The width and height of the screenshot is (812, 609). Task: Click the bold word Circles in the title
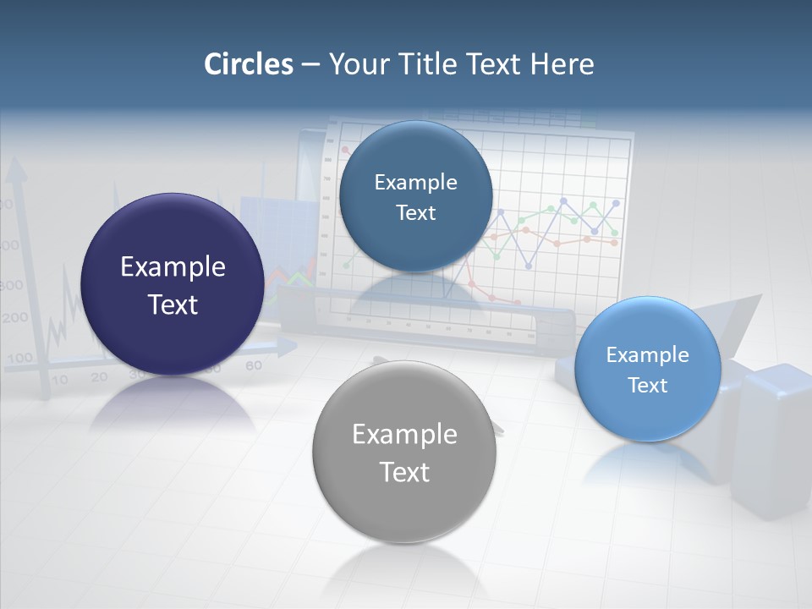tap(248, 64)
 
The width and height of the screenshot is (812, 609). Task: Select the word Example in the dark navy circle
tap(173, 266)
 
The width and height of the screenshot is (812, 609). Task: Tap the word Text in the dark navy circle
tap(173, 304)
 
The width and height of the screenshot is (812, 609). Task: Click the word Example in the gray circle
tap(404, 434)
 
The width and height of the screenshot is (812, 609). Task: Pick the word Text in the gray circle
tap(404, 472)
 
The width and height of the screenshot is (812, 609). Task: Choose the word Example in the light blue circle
tap(647, 354)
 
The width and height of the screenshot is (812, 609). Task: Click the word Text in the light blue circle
tap(647, 385)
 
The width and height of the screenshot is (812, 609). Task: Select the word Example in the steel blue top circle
tap(415, 182)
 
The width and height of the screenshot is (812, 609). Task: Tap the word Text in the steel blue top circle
tap(415, 212)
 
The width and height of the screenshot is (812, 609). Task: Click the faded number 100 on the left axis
tap(19, 358)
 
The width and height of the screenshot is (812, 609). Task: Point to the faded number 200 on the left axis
tap(14, 319)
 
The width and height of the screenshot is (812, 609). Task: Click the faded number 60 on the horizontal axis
tap(253, 365)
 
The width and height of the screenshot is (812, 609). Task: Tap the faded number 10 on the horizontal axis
tap(59, 380)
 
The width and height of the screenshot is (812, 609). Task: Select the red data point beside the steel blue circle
tap(344, 150)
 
